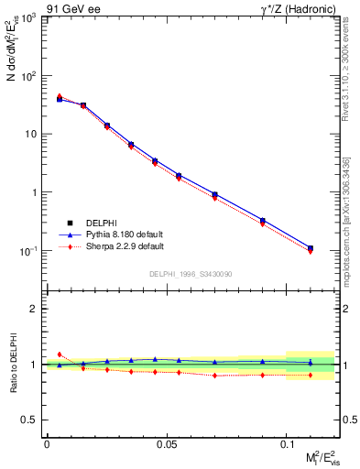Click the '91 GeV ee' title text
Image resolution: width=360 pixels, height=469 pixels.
coord(72,8)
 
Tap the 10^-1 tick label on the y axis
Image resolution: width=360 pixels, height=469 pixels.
coord(27,251)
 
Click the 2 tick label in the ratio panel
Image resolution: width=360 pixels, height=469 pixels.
coord(35,309)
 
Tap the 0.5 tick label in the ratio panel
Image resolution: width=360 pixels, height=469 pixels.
coord(31,420)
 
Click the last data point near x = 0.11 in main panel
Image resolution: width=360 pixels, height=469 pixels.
coord(311,248)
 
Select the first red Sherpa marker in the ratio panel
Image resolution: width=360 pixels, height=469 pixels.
coord(60,354)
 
